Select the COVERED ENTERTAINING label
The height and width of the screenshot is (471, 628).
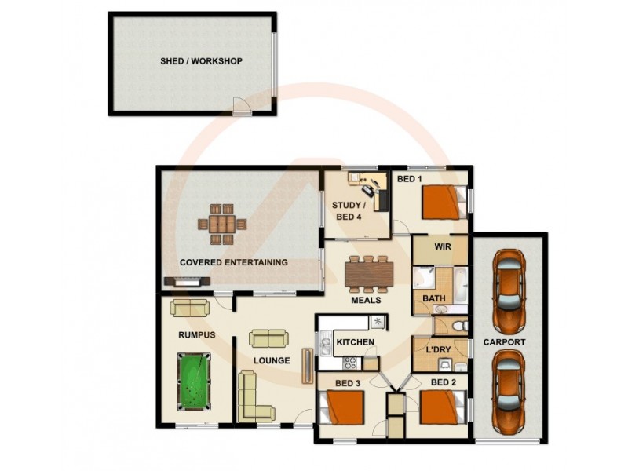pyautogui.click(x=233, y=262)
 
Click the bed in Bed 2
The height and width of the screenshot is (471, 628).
pyautogui.click(x=438, y=408)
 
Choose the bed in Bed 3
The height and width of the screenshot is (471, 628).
pyautogui.click(x=343, y=409)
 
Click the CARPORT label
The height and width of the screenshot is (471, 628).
pyautogui.click(x=504, y=343)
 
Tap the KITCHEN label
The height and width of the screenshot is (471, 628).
pyautogui.click(x=355, y=342)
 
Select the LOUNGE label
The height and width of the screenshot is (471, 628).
pyautogui.click(x=272, y=361)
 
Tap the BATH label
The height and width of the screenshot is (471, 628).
pyautogui.click(x=434, y=299)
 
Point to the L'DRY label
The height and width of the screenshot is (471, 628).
pyautogui.click(x=437, y=349)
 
